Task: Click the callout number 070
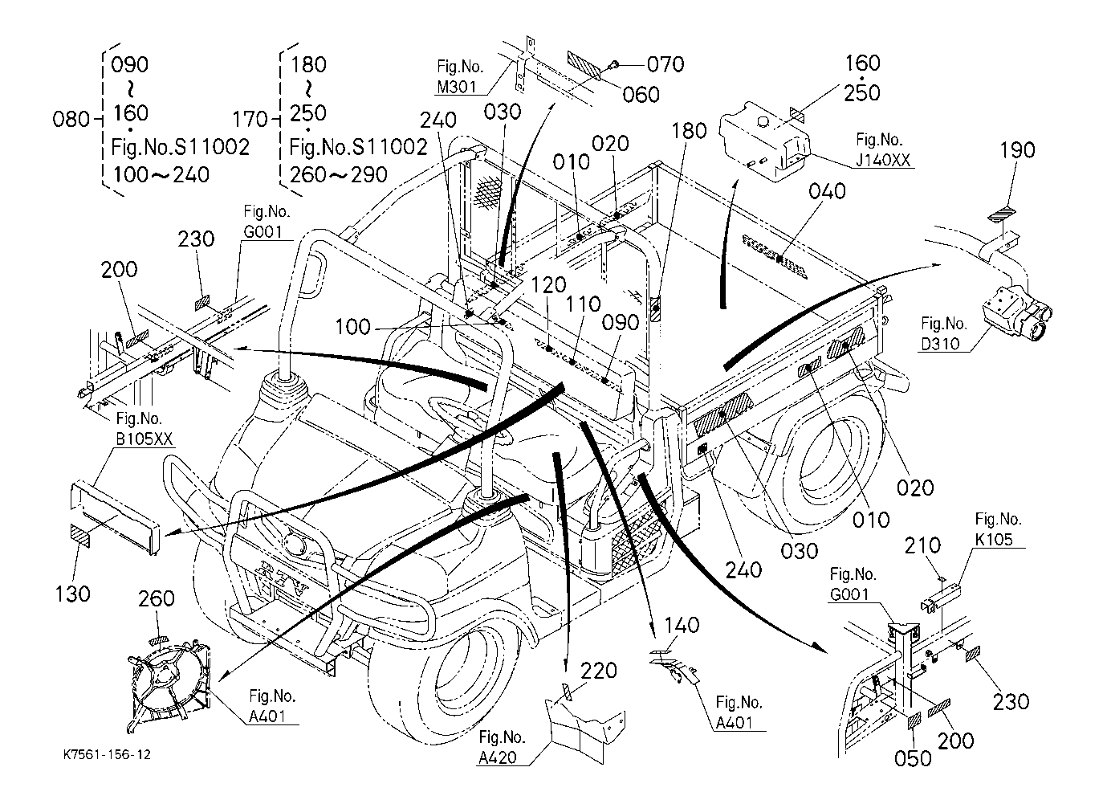pos(665,64)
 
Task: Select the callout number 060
pos(641,95)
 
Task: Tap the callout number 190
pos(1017,150)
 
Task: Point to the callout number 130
pos(72,594)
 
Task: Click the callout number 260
pos(157,599)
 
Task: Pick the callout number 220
pos(599,671)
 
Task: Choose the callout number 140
pos(682,626)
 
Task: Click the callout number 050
pos(913,758)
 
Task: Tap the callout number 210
pos(922,546)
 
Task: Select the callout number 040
pos(828,191)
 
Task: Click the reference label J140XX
pos(883,160)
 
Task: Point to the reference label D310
pos(941,343)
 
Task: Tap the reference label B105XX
pos(144,439)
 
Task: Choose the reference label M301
pos(457,87)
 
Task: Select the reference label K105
pos(994,539)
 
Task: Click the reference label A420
pos(498,757)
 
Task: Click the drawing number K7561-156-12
pos(108,754)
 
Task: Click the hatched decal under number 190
pos(1002,214)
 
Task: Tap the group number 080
pos(71,120)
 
